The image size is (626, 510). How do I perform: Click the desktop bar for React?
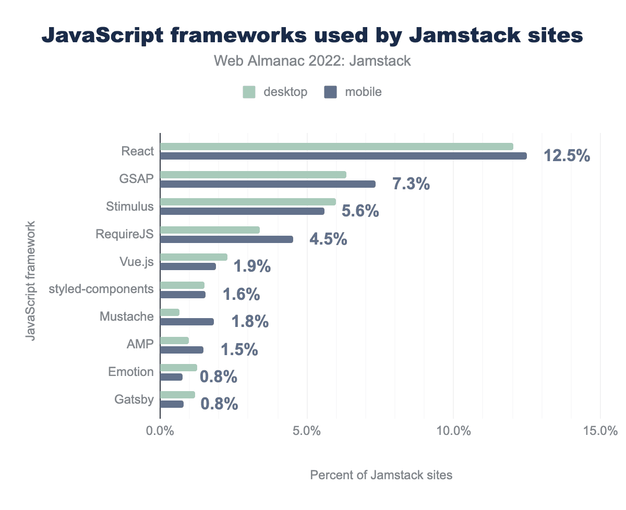[336, 147]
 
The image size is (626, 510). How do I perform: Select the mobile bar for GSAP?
[268, 184]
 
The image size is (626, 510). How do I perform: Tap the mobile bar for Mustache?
[187, 322]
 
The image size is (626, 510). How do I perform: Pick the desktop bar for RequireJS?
[210, 229]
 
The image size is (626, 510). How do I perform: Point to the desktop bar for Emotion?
[178, 367]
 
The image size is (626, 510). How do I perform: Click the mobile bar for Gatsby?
[172, 404]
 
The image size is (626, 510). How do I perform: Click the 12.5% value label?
[567, 155]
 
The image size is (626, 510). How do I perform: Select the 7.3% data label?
[411, 184]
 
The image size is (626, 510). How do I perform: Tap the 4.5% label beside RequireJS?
[328, 239]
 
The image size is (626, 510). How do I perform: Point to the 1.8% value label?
[250, 322]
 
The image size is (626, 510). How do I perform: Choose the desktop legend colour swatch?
[249, 92]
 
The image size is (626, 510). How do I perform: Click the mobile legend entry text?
[363, 92]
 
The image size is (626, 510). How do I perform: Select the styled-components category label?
[101, 289]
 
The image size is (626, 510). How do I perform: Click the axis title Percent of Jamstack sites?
[381, 475]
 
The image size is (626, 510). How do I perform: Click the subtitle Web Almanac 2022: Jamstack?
[312, 61]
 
